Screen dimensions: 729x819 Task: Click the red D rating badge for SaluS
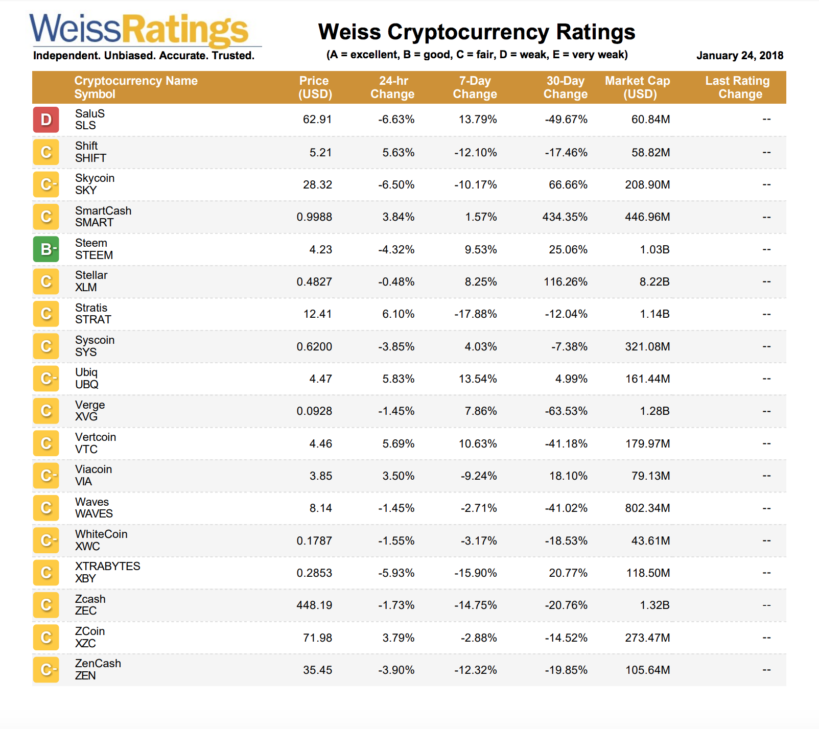(46, 120)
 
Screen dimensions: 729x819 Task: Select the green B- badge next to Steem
(46, 249)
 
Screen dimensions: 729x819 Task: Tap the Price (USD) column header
(315, 87)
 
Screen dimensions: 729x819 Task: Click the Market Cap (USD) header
(638, 87)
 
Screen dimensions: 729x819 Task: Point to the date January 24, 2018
(739, 56)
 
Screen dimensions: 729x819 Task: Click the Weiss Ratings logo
(139, 30)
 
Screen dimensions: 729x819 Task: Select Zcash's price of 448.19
(314, 605)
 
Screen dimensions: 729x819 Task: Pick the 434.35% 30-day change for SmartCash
(565, 217)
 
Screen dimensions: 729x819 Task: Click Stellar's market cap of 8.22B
(654, 282)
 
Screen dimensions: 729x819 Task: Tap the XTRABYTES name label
(107, 567)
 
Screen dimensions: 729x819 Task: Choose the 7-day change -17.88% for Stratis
(475, 314)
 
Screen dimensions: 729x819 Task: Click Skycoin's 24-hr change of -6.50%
(396, 185)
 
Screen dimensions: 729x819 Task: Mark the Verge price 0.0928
(314, 411)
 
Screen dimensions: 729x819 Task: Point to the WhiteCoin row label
(101, 534)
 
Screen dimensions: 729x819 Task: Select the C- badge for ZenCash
(46, 670)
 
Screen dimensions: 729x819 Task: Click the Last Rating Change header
(737, 87)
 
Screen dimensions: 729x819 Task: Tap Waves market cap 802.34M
(647, 508)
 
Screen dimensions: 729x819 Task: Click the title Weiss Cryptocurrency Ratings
(476, 32)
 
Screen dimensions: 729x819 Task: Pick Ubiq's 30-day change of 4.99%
(571, 379)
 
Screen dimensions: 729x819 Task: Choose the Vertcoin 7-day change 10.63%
(477, 444)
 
